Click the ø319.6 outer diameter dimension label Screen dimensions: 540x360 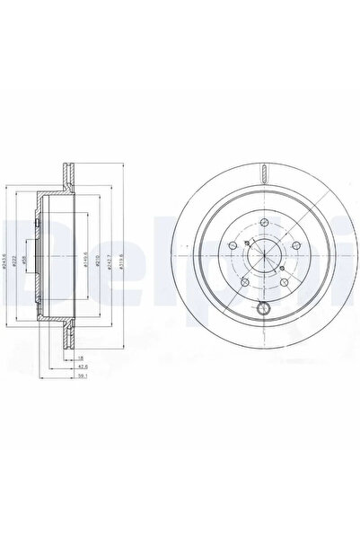coord(123,262)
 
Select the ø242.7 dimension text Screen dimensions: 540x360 coord(110,262)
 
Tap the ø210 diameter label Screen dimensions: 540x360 coord(99,262)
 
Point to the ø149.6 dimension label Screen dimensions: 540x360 coord(85,261)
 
